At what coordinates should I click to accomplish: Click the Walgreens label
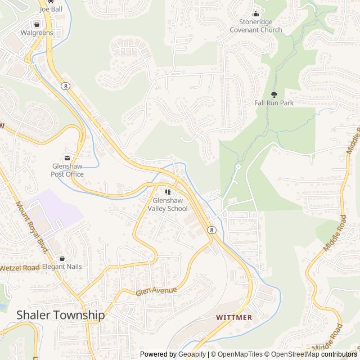(x=37, y=33)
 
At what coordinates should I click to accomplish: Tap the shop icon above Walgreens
(x=37, y=25)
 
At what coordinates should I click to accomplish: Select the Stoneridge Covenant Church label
(x=256, y=26)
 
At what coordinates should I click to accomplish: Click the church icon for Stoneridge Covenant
(x=256, y=14)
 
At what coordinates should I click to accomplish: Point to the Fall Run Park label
(x=274, y=103)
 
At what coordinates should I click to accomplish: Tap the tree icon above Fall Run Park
(x=274, y=94)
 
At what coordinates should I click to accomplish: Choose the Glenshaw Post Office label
(x=67, y=170)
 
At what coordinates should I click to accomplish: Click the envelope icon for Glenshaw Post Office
(x=67, y=157)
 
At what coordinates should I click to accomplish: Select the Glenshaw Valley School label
(x=168, y=204)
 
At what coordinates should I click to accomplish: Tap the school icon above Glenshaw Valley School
(x=168, y=192)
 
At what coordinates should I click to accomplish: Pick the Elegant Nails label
(x=62, y=267)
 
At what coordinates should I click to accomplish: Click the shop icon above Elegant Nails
(x=62, y=258)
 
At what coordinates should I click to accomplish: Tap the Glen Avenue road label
(x=156, y=291)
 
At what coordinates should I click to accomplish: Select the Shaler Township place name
(x=60, y=315)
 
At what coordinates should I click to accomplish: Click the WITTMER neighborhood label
(x=235, y=317)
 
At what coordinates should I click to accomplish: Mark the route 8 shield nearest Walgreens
(x=66, y=85)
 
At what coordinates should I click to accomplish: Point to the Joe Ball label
(x=51, y=10)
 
